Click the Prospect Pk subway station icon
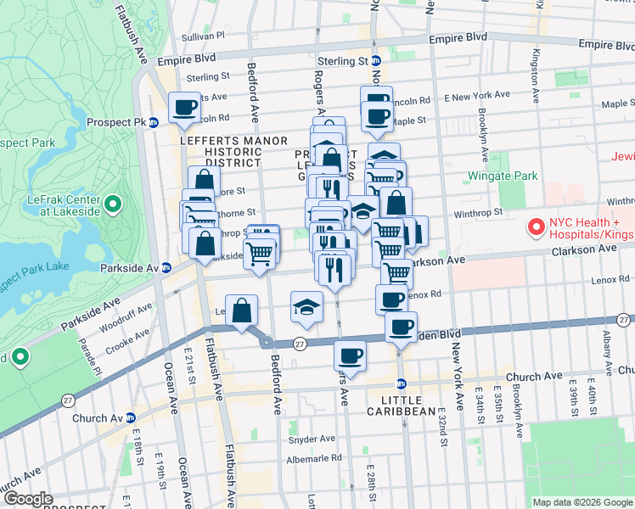coord(154,122)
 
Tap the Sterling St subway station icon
coord(376,61)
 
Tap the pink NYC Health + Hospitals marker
coord(536,227)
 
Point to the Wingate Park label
coord(503,176)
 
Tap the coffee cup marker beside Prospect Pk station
coord(184,108)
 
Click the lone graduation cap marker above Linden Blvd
coord(306,307)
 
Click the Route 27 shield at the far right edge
coord(624,320)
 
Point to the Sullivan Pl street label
coord(203,37)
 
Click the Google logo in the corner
coord(27,500)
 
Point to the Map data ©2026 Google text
coord(582,502)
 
